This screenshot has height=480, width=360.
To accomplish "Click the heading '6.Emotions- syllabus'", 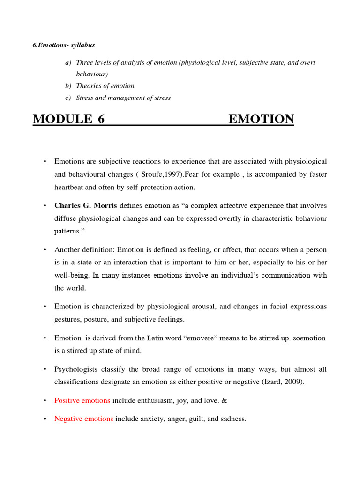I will (64, 45).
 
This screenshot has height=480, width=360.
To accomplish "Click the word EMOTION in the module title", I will (261, 120).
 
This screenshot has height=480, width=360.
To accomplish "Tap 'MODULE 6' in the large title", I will (68, 120).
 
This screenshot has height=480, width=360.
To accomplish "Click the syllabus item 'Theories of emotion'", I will (105, 86).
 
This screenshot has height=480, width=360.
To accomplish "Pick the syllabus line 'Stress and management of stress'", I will (123, 98).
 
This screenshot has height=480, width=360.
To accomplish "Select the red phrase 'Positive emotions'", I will (82, 400).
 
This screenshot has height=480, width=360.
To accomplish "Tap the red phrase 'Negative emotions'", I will (83, 419).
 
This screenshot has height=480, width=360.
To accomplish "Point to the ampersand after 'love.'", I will (198, 400).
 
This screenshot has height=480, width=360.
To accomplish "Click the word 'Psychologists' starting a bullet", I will (75, 369).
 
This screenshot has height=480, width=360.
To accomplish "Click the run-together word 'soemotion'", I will (309, 338).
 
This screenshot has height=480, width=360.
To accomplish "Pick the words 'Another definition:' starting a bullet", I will (84, 250).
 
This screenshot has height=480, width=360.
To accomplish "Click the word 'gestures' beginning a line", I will (67, 319).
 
